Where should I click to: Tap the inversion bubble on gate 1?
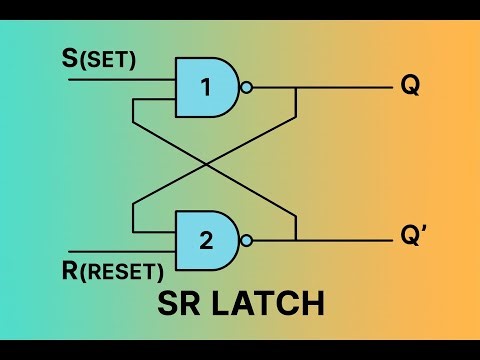[x=246, y=87]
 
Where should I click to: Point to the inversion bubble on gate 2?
[x=246, y=240]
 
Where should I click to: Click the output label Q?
[x=410, y=86]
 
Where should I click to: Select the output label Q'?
[x=413, y=238]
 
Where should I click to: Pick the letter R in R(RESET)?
[x=69, y=269]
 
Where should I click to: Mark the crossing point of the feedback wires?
[x=214, y=163]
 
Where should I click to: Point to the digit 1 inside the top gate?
[x=206, y=87]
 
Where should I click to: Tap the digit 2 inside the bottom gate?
[x=206, y=240]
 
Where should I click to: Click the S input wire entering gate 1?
[x=120, y=75]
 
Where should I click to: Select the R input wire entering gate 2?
[x=120, y=252]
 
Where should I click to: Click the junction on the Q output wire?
[x=296, y=87]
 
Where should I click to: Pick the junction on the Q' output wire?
[x=296, y=240]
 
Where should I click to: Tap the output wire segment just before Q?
[x=350, y=87]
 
